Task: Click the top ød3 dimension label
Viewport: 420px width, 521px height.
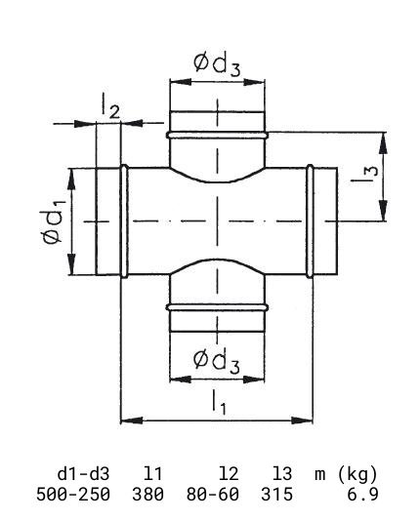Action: pyautogui.click(x=217, y=64)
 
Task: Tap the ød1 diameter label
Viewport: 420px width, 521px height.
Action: pyautogui.click(x=53, y=221)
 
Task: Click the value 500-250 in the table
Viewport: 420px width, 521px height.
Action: pyautogui.click(x=73, y=494)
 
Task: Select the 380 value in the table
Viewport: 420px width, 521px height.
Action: pyautogui.click(x=147, y=494)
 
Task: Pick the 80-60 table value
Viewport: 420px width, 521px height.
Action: pyautogui.click(x=213, y=494)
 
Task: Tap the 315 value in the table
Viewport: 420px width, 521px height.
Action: pyautogui.click(x=276, y=494)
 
